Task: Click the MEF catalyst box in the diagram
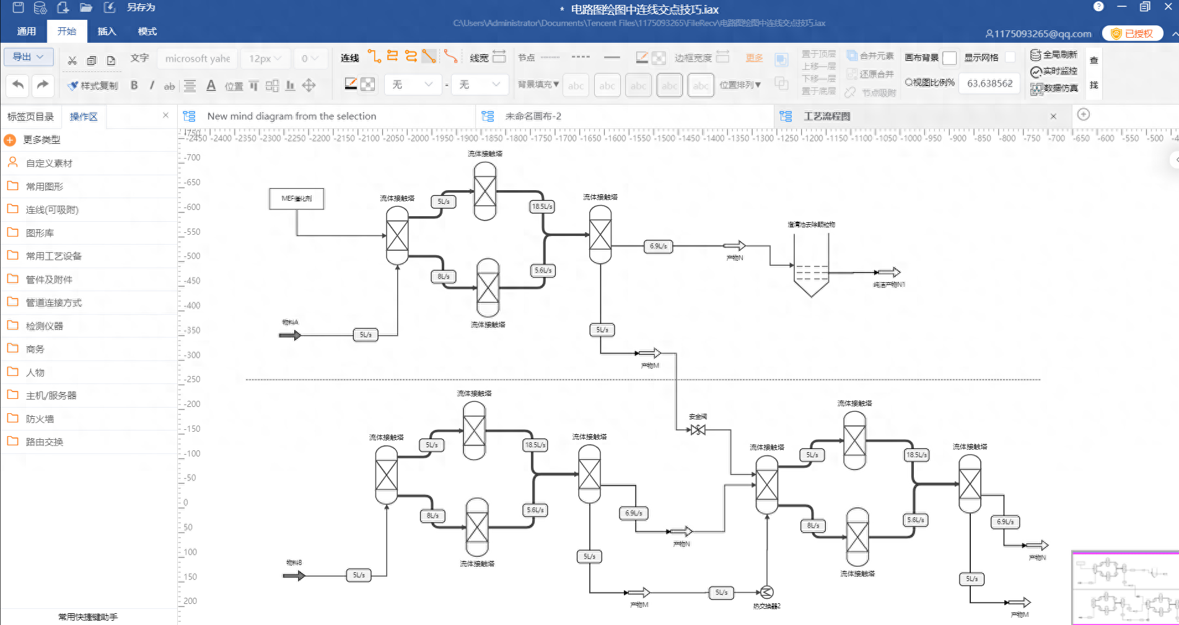tap(296, 199)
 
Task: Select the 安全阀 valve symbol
tap(698, 430)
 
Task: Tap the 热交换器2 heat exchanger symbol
tap(767, 593)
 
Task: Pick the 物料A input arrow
tap(290, 336)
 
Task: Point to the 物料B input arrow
tap(294, 576)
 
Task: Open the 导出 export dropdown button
tap(28, 57)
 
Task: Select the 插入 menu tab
tap(107, 32)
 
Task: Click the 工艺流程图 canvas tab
tap(826, 116)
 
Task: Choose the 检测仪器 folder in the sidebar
tap(45, 326)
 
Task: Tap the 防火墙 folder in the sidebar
tap(40, 419)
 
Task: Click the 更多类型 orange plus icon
tap(11, 140)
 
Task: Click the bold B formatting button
tap(134, 85)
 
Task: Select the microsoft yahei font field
tap(197, 59)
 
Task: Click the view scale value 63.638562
tap(989, 83)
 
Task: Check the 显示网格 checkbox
tap(1010, 58)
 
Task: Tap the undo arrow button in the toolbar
tap(18, 85)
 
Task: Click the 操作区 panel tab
tap(84, 116)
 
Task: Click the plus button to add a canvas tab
tap(1084, 115)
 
